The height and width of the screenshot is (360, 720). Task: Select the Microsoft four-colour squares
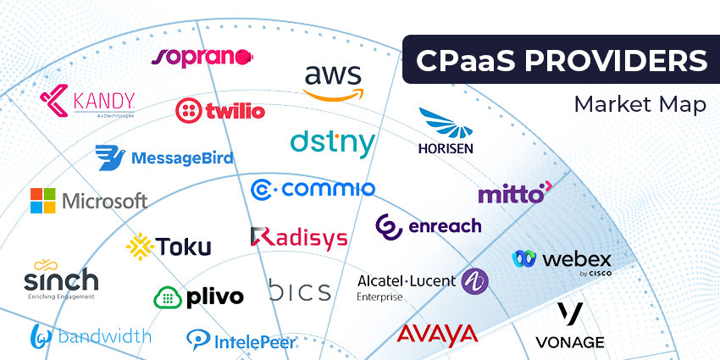pyautogui.click(x=43, y=201)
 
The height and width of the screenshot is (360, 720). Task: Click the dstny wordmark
pyautogui.click(x=332, y=142)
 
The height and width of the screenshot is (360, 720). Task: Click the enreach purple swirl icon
pyautogui.click(x=389, y=226)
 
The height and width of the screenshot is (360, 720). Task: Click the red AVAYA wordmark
pyautogui.click(x=437, y=334)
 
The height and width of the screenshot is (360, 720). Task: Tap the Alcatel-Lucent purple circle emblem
pyautogui.click(x=475, y=281)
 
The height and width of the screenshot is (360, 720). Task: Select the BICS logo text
pyautogui.click(x=300, y=292)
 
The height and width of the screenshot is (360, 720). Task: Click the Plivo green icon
pyautogui.click(x=166, y=297)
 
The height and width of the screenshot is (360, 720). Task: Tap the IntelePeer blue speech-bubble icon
pyautogui.click(x=197, y=341)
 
